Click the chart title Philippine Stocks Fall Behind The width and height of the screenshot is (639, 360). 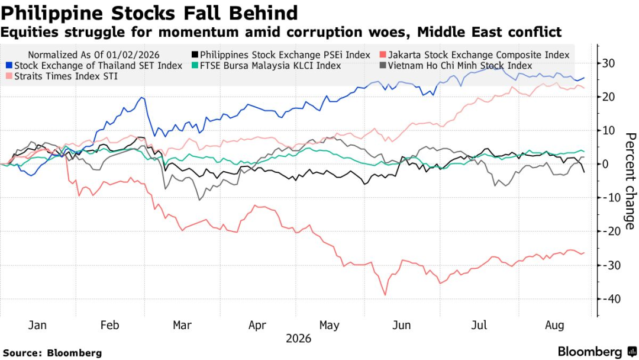coord(149,12)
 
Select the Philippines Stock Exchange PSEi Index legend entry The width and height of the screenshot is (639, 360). coord(281,54)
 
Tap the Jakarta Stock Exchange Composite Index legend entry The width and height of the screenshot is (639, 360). coord(475,54)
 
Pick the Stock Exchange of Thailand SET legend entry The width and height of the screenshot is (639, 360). coord(94,66)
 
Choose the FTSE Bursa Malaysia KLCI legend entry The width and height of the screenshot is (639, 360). coord(266,66)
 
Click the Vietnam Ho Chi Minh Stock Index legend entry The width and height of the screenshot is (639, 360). coord(456,66)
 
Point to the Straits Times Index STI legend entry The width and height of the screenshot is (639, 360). coord(62,76)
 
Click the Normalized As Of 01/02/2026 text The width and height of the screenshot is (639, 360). coord(93,54)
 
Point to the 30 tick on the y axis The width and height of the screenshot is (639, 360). coord(608,63)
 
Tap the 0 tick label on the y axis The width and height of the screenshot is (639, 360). coord(605,164)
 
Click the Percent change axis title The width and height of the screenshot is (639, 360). coord(630,181)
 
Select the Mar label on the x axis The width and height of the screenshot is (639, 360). coord(182,325)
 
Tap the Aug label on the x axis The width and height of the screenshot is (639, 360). coord(554,325)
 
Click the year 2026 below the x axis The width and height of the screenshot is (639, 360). coord(298,339)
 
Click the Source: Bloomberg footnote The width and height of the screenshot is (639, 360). coord(53,353)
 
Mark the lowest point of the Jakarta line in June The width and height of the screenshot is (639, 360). coord(385,295)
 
